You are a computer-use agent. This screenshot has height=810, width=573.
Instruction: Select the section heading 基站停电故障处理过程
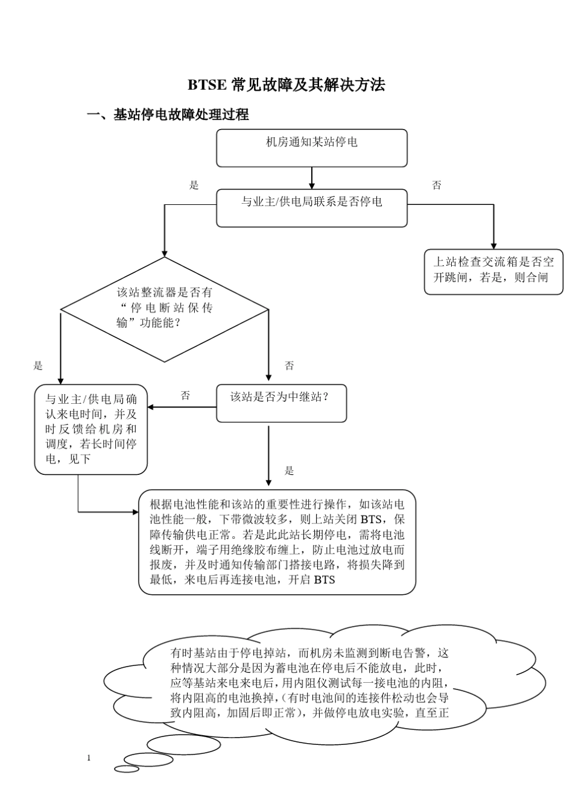pos(180,115)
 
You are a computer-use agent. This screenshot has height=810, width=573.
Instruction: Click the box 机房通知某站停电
pos(311,148)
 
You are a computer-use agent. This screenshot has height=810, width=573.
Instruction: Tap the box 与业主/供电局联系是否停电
pos(311,208)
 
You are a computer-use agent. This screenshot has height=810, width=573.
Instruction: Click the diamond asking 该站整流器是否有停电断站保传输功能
pos(165,309)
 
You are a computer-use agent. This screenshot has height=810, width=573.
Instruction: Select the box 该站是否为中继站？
pos(281,403)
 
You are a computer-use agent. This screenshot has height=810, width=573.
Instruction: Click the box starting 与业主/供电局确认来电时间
pos(90,429)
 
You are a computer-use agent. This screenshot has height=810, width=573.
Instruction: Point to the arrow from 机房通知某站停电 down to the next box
pos(312,178)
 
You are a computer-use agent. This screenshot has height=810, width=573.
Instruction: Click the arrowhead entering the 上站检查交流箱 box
pos(494,246)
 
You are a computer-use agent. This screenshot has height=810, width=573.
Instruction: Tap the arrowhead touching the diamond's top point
pos(165,253)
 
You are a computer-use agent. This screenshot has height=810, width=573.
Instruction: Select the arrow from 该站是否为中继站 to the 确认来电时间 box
pos(182,407)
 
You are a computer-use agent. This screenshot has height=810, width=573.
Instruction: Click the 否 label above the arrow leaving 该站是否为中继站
pos(185,396)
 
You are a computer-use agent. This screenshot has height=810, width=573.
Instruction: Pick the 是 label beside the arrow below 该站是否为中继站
pos(290,471)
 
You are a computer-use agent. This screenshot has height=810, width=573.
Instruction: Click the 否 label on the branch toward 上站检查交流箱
pos(437,186)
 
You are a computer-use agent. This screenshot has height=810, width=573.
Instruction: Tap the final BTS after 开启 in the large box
pos(324,580)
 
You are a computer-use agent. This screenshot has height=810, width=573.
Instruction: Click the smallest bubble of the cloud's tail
pos(127,768)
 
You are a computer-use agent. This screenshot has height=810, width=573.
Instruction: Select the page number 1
pos(89,758)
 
